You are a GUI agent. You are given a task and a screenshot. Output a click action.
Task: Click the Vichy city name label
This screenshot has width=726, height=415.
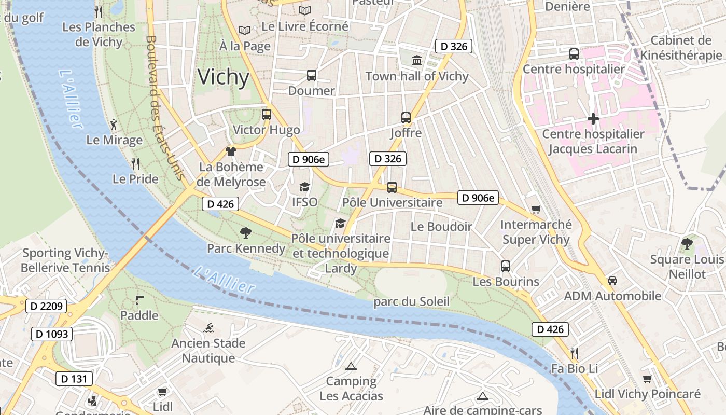224,77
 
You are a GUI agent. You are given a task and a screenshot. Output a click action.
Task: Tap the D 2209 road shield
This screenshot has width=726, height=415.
46,306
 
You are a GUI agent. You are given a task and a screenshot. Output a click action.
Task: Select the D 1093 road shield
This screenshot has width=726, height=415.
52,334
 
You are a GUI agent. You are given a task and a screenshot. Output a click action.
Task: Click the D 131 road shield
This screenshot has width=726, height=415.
74,379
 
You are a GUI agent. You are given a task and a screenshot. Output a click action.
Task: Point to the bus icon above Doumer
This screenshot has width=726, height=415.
311,75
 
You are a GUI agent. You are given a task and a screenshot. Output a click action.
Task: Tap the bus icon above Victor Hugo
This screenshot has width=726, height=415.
267,115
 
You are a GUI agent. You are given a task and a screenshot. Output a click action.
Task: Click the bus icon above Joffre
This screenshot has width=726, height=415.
406,118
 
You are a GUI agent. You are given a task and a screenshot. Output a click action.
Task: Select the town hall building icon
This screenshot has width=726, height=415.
417,61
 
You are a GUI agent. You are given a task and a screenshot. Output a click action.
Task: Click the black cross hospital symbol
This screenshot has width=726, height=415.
593,119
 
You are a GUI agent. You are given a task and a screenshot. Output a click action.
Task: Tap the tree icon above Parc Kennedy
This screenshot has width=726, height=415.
246,233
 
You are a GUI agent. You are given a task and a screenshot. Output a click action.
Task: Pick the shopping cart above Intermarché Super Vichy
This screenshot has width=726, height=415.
536,210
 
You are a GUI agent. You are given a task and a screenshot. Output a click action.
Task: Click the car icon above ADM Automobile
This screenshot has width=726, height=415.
612,281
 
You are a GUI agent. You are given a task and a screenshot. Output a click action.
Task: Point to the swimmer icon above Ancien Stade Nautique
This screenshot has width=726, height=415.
208,328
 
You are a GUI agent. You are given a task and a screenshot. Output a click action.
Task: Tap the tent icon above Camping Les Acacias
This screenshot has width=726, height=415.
351,366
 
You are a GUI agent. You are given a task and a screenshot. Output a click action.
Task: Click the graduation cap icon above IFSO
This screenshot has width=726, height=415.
304,187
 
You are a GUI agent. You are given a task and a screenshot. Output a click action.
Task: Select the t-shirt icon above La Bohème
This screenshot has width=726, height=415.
231,151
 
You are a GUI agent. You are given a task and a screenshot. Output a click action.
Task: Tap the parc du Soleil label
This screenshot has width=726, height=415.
411,301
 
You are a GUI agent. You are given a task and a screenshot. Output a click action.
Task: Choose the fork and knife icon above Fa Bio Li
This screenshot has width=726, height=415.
574,353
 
